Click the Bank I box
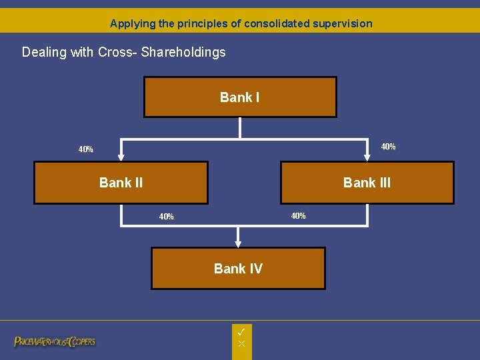pos(240,97)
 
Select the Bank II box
pos(121,183)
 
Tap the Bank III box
pos(367,183)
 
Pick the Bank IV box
pos(238,269)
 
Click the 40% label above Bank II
pos(85,149)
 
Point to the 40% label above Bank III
pos(388,147)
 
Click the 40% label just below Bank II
pos(166,217)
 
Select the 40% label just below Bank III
pos(298,216)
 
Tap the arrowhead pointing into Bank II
pos(121,158)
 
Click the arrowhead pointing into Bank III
pos(367,158)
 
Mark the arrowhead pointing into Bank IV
pos(238,244)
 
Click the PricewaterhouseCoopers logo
pos(55,341)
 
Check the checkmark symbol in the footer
pos(242,331)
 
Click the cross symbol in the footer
pos(242,343)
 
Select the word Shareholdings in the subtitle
pos(183,52)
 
